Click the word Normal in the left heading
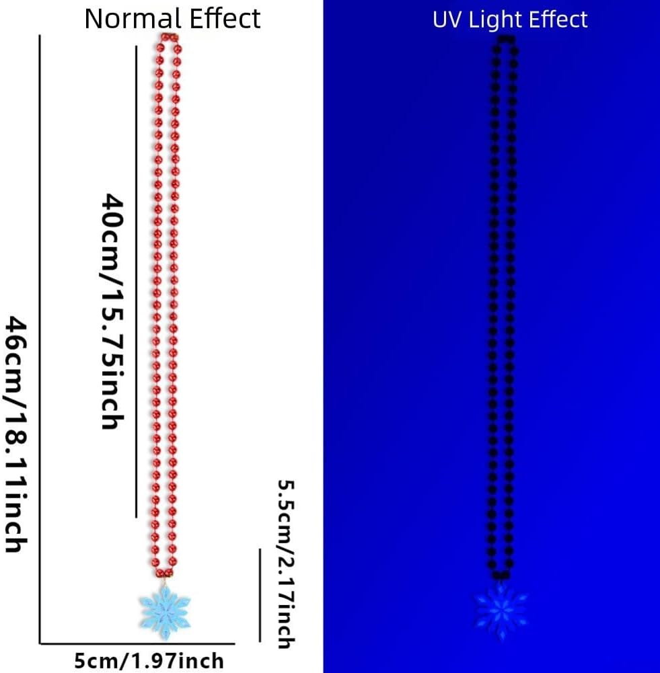129,18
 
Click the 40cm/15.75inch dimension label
112,311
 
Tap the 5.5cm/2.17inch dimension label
285,563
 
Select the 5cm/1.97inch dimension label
149,661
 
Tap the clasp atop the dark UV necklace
505,38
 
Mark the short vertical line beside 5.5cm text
260,595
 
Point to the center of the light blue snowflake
165,608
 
